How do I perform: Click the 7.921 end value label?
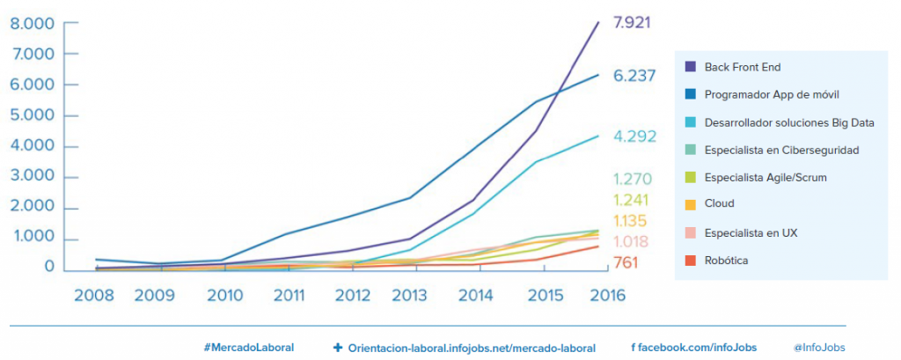click(632, 22)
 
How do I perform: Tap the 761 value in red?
click(625, 262)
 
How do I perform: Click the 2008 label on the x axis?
click(94, 296)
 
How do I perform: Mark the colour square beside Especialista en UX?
click(691, 232)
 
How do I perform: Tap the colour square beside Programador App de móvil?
click(691, 94)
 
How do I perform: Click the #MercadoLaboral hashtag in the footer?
click(248, 348)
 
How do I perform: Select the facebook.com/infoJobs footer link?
click(693, 348)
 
